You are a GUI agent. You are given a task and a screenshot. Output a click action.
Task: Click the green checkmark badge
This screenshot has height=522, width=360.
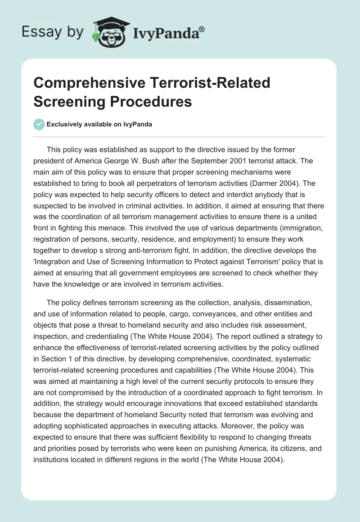pos(39,125)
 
